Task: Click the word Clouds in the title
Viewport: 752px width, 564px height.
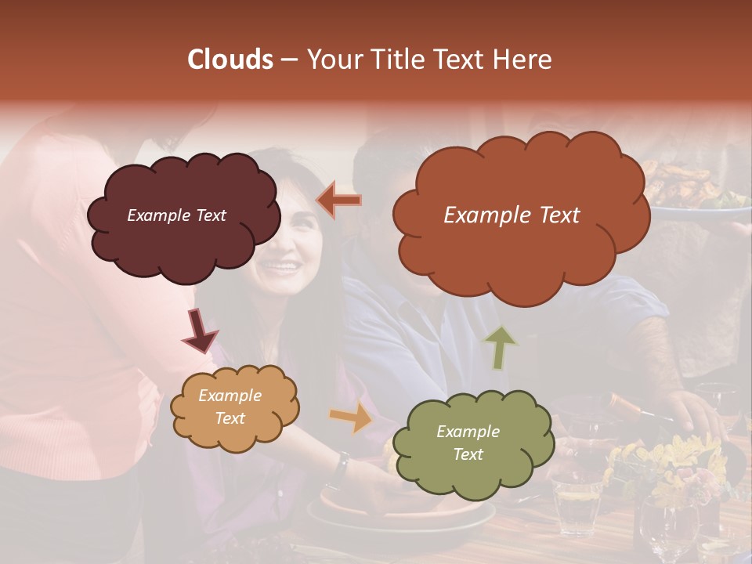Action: (230, 60)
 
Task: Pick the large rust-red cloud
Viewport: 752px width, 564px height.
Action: (521, 251)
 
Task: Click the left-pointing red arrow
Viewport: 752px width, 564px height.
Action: (339, 201)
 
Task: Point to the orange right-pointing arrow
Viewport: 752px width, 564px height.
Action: (350, 418)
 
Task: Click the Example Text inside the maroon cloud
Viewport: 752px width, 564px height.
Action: (176, 215)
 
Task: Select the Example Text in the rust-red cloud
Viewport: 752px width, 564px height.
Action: (512, 215)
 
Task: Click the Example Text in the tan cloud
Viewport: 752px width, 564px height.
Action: (230, 407)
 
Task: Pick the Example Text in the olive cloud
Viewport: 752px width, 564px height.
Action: (468, 443)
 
